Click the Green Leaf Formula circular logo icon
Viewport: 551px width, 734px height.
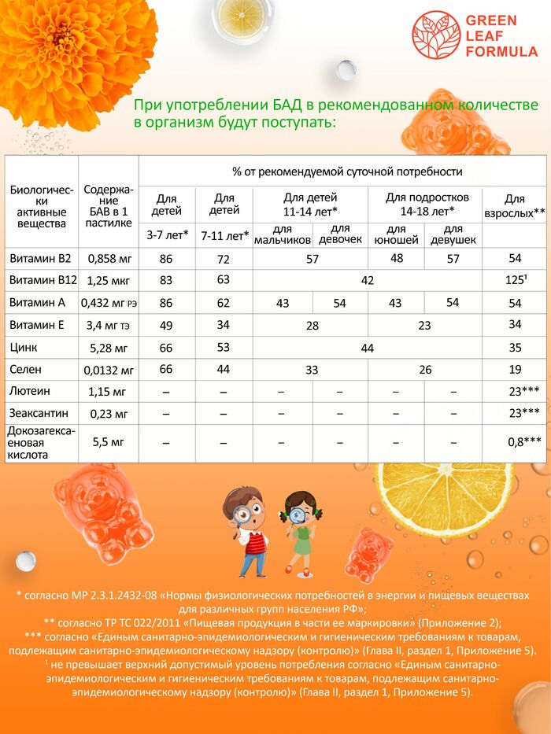pos(436,35)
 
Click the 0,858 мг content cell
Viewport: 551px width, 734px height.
pos(109,258)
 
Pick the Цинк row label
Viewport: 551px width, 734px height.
pos(23,347)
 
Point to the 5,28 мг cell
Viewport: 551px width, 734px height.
pos(109,347)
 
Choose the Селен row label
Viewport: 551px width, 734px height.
pos(24,369)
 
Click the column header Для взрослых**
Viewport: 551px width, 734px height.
pos(515,206)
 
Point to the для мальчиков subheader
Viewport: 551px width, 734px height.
pos(281,234)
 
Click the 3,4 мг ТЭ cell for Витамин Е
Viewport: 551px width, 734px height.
pos(109,325)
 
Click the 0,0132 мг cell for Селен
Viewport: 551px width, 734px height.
pos(109,370)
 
